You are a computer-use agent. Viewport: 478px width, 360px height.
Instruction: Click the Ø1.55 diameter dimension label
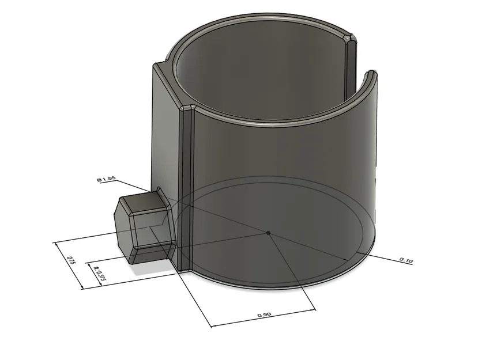tap(107, 180)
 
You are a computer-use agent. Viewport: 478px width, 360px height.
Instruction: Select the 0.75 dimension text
tap(71, 260)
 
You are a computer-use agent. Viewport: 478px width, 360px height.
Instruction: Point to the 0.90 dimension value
tap(264, 314)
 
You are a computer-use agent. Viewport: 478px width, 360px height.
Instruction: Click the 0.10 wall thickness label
tap(406, 261)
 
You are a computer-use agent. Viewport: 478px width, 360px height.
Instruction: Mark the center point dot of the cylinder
tap(269, 232)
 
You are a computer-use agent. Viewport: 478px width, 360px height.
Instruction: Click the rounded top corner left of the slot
tap(350, 39)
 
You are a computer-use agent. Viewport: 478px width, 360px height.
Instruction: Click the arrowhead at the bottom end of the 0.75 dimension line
tap(81, 287)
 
